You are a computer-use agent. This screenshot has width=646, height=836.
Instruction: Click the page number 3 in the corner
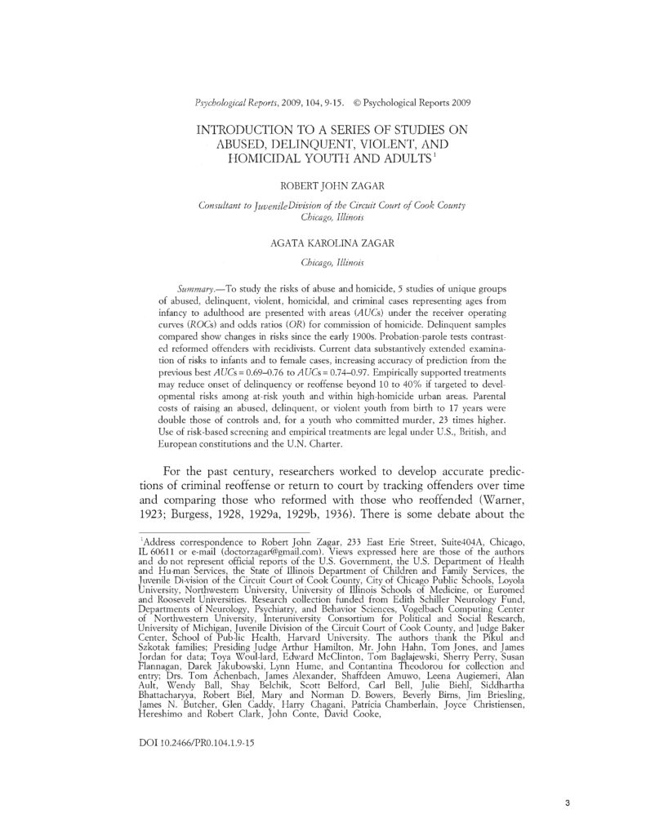[566, 803]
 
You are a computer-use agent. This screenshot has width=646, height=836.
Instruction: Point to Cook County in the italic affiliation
[434, 205]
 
